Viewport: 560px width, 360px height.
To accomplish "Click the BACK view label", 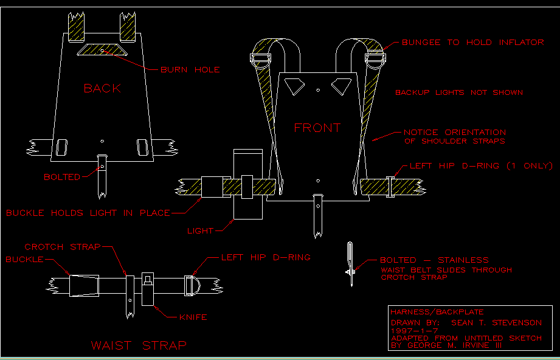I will [102, 88].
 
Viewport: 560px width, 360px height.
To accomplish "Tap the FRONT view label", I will [317, 128].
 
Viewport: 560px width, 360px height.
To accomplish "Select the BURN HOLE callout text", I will [190, 70].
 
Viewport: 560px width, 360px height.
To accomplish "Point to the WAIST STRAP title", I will [139, 345].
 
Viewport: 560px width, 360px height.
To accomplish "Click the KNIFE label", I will [193, 317].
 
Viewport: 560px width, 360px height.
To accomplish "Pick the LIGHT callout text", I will [200, 230].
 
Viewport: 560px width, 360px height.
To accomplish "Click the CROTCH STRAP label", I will [63, 247].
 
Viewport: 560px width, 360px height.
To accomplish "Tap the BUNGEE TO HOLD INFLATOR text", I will [472, 43].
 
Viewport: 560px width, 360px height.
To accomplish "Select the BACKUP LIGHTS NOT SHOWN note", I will [459, 92].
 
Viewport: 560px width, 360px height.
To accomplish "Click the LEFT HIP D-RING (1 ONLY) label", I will [480, 165].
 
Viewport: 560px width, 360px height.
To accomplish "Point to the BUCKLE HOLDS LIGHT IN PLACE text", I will [87, 213].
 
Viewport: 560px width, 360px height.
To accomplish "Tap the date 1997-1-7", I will [410, 330].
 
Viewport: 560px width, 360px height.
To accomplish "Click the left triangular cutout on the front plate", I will [295, 86].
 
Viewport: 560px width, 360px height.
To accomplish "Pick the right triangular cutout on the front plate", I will [340, 86].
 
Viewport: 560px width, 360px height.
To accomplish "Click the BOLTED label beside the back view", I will [62, 177].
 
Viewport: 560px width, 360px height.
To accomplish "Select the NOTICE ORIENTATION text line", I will [455, 132].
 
